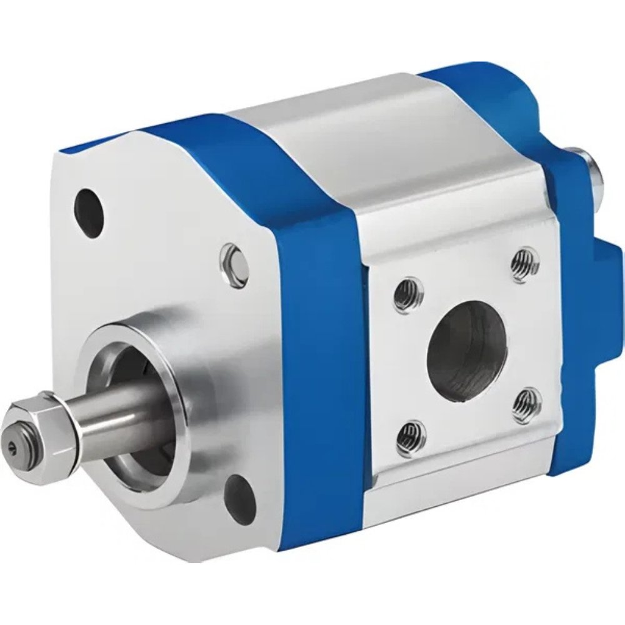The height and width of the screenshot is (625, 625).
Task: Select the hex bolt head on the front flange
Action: [x=234, y=263]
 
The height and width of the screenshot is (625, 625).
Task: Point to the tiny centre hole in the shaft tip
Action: [x=14, y=445]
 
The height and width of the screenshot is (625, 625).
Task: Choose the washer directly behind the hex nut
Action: [x=71, y=425]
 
